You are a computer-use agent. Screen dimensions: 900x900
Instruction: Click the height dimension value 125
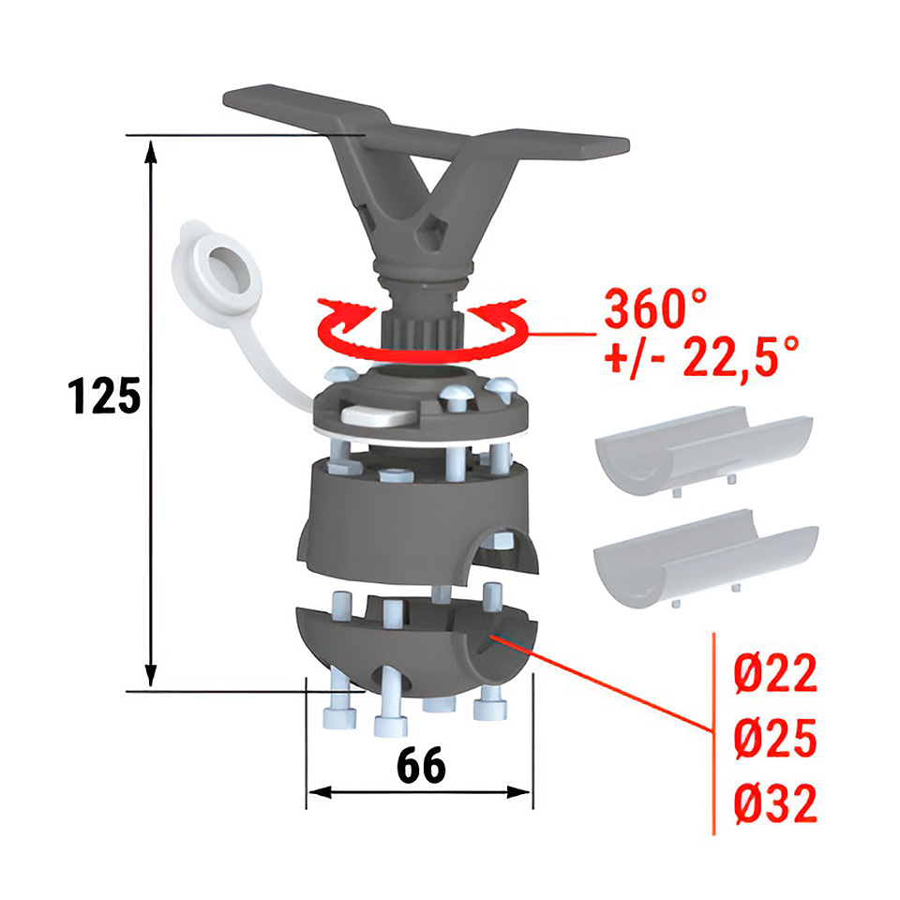coord(104,396)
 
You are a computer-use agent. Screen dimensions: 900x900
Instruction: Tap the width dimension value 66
coord(421,765)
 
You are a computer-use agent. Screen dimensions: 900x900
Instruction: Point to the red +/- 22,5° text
coord(701,357)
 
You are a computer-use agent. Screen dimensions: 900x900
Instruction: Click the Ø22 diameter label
coord(775,673)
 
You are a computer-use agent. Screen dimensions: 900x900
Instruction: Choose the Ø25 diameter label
coord(775,738)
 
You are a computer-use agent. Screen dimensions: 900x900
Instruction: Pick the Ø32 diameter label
coord(775,803)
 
